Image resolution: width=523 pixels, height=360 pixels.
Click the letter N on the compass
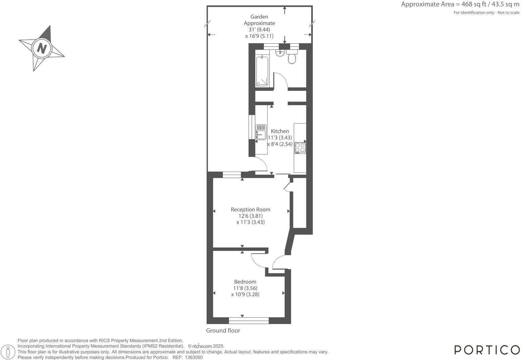tap(41, 48)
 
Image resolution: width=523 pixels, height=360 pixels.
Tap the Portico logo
tap(487, 350)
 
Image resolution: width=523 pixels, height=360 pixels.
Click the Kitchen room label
tap(280, 131)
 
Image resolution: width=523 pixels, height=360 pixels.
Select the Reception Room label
tap(250, 210)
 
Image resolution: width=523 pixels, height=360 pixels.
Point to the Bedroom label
tap(245, 282)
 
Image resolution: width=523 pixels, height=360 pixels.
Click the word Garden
tap(259, 17)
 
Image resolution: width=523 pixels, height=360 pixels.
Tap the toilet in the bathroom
tap(292, 58)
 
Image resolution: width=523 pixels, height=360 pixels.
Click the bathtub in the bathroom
tap(262, 71)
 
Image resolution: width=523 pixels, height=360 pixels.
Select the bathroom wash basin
tap(280, 53)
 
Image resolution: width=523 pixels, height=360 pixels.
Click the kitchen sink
tap(261, 132)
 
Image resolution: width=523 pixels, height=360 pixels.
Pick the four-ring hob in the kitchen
tap(300, 147)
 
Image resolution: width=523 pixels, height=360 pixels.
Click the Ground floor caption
tap(223, 330)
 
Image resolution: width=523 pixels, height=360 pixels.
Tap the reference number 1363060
tap(194, 357)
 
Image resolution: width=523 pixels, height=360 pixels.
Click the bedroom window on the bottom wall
tap(249, 321)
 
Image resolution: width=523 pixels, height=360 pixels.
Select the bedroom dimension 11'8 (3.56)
tap(245, 288)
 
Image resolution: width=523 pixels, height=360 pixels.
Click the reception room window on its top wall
tap(232, 174)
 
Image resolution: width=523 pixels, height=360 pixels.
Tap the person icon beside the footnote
tap(8, 352)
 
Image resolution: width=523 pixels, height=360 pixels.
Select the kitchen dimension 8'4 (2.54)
tap(280, 144)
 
